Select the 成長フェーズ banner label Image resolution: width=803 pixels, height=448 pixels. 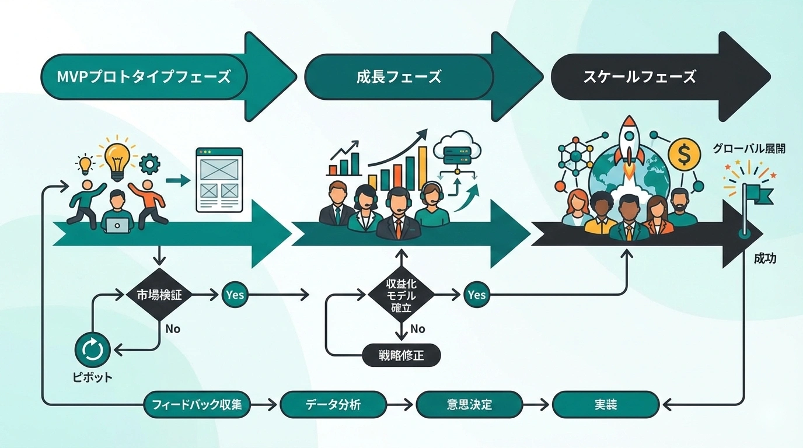click(399, 76)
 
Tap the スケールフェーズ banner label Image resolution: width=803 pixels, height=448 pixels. click(639, 76)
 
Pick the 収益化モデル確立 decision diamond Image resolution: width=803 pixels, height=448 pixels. click(401, 294)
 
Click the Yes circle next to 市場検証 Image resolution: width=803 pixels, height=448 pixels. click(234, 295)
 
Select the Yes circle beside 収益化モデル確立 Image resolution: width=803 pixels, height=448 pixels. click(476, 295)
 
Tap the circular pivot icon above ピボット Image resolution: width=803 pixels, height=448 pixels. click(93, 350)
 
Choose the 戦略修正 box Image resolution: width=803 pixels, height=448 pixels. click(401, 355)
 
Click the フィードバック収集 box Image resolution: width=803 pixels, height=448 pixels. click(197, 404)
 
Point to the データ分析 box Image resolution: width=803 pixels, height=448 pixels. click(333, 404)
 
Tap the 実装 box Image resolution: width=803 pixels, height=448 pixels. click(605, 404)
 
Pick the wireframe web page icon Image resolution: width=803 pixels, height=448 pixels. click(219, 180)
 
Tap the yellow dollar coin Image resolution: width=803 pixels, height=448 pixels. click(680, 153)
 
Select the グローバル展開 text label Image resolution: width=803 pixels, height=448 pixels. click(749, 149)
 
